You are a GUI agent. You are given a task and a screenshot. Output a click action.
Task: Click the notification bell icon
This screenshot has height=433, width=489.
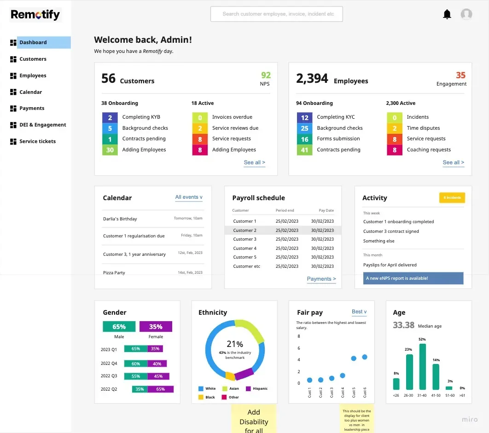(447, 14)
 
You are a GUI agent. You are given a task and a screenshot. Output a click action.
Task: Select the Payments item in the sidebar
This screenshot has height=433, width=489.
(31, 108)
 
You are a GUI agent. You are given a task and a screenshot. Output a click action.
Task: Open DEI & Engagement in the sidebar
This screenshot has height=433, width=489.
(42, 125)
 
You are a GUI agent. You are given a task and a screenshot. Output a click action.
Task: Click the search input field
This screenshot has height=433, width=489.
(277, 14)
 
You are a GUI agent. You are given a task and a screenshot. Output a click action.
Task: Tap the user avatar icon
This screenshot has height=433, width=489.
(466, 14)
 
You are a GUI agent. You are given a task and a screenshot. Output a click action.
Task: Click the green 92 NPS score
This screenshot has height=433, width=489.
(266, 75)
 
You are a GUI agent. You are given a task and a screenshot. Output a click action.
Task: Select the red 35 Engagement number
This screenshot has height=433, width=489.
(460, 75)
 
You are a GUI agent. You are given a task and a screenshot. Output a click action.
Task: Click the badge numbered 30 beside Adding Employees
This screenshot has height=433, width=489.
(110, 150)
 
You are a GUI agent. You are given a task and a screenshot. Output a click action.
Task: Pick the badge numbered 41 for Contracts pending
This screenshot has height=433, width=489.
(304, 150)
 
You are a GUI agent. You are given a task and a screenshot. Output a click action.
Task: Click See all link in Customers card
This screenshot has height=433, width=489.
(255, 162)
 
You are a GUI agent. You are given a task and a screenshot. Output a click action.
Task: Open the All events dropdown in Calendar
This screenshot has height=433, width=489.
(189, 197)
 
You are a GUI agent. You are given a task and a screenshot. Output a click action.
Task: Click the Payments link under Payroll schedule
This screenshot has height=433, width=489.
(321, 279)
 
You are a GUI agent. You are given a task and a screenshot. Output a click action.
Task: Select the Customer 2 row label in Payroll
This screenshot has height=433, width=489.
(245, 231)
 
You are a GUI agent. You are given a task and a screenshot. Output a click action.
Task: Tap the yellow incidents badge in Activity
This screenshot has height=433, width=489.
(452, 198)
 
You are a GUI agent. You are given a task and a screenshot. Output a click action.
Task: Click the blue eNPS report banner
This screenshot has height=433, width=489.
(413, 278)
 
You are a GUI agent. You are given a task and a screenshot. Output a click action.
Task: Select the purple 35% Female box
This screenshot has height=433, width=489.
(156, 327)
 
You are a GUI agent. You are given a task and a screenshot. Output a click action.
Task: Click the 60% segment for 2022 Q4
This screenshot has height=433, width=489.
(136, 364)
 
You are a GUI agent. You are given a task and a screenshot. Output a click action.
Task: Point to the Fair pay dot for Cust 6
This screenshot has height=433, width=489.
(365, 357)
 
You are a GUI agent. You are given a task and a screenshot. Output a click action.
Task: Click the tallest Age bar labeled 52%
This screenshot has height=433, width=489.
(423, 367)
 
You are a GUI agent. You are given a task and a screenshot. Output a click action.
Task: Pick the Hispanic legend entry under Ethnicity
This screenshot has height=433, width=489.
(257, 388)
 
